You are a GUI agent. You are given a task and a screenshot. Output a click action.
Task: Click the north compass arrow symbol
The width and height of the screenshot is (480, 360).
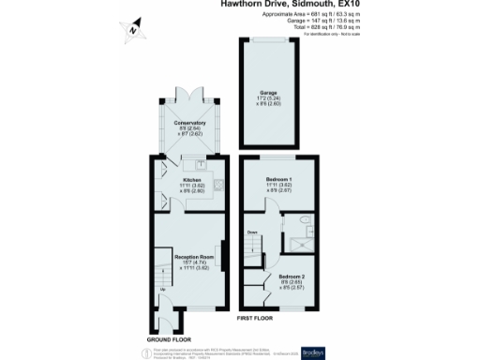pos(133,29)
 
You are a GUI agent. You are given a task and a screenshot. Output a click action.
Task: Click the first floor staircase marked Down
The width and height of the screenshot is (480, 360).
pos(253,246)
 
